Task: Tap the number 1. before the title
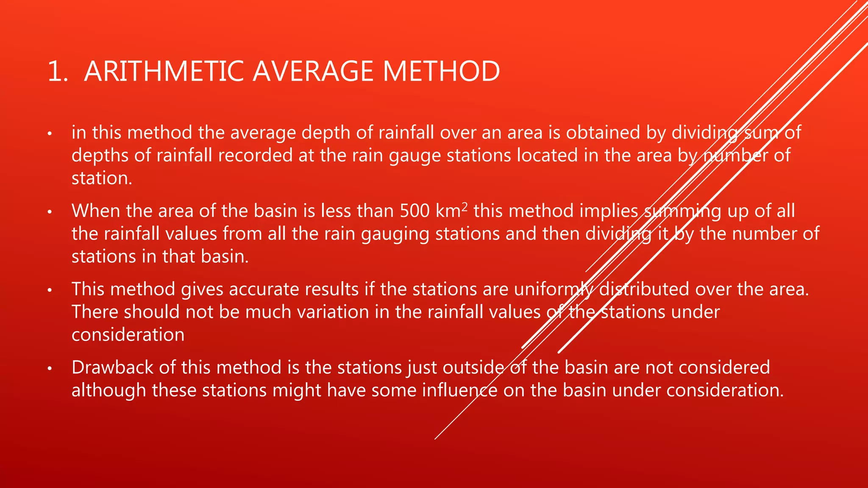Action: point(58,71)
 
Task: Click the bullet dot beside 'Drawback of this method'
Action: point(50,369)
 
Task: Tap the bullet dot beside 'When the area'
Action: point(50,212)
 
